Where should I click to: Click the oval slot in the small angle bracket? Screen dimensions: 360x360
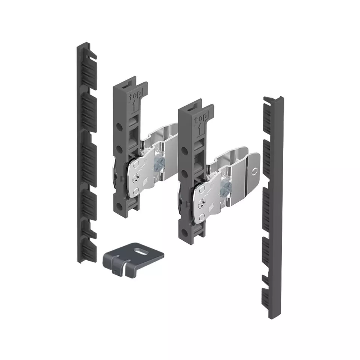140,252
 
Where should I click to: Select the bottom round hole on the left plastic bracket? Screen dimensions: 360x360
119,205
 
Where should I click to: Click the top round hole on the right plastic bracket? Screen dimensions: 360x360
184,150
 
